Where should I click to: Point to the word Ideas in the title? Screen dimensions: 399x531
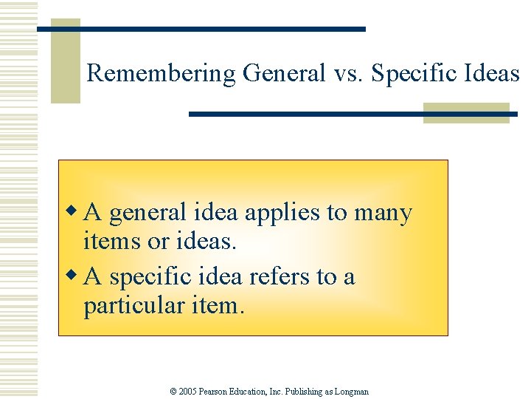493,73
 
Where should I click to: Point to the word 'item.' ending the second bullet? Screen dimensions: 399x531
218,304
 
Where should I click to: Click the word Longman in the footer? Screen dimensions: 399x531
353,392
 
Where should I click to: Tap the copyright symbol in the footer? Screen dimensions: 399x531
174,392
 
